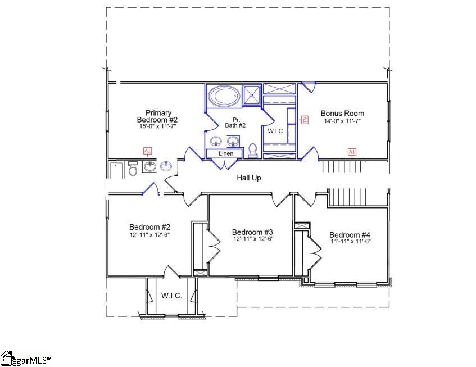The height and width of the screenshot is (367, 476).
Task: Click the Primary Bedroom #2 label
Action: click(x=157, y=116)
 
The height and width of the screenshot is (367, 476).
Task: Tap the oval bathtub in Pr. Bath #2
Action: click(x=224, y=96)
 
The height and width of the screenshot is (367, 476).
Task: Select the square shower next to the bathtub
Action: click(x=252, y=95)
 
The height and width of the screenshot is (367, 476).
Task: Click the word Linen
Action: click(x=225, y=153)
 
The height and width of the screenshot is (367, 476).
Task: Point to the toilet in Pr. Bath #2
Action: click(x=253, y=150)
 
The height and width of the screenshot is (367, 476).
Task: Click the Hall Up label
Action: click(x=248, y=178)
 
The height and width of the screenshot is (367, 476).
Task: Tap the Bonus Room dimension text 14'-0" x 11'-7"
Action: click(x=342, y=121)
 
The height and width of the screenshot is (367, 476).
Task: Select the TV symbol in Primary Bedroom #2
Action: click(x=148, y=151)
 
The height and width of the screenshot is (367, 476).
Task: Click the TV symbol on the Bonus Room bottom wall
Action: click(x=352, y=152)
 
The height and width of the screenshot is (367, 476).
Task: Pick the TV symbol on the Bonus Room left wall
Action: click(x=305, y=119)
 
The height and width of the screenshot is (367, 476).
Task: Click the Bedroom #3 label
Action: click(x=252, y=232)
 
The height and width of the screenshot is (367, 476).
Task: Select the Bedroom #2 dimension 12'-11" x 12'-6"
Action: click(x=149, y=234)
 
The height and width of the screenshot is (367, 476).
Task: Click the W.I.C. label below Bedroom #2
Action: click(x=171, y=296)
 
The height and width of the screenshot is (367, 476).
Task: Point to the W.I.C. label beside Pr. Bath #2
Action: click(x=276, y=131)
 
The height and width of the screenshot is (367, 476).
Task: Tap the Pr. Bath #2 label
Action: click(x=235, y=123)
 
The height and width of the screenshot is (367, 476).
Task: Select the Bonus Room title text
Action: click(x=342, y=113)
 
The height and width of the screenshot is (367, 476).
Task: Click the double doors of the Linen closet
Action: click(x=225, y=164)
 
